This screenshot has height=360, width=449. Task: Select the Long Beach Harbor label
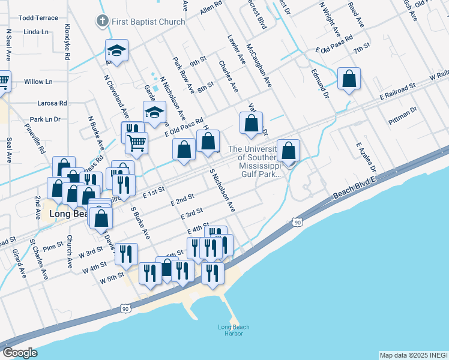click(x=234, y=330)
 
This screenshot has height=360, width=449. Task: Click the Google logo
click(x=20, y=353)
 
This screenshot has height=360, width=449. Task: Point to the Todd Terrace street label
click(x=38, y=18)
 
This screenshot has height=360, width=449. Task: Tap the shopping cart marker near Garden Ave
click(x=137, y=143)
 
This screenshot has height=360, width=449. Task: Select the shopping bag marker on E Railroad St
click(x=349, y=79)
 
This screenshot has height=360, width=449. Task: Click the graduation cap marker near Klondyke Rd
click(x=117, y=50)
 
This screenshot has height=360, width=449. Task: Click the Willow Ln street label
click(x=38, y=82)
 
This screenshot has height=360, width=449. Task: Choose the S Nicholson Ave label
click(x=222, y=190)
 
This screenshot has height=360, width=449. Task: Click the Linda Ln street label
click(x=37, y=32)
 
